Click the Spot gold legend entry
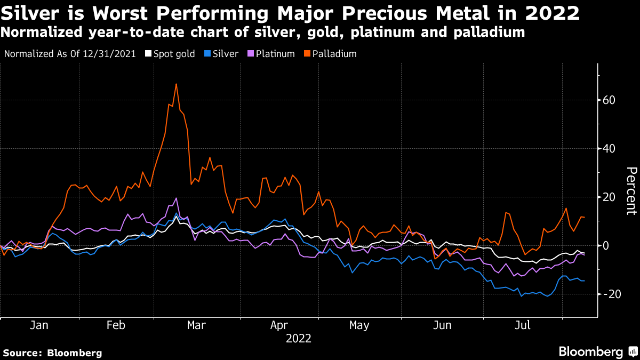(x=170, y=54)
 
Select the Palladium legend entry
(x=331, y=54)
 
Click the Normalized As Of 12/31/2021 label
(x=70, y=54)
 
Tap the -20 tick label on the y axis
(x=611, y=294)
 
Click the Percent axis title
(x=630, y=191)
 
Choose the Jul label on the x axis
(x=522, y=325)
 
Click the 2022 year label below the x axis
(x=299, y=338)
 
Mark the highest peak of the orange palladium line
(x=176, y=84)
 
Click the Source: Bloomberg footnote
(x=52, y=353)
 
